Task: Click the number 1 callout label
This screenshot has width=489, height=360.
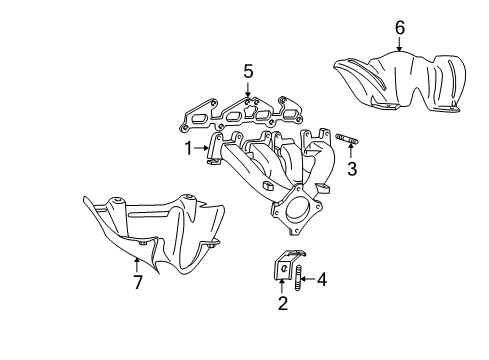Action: (187, 149)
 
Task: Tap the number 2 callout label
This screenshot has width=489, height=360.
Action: (283, 304)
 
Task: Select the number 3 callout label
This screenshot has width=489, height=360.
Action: (352, 170)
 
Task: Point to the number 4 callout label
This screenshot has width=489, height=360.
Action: (322, 280)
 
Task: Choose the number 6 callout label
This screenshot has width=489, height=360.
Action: (399, 28)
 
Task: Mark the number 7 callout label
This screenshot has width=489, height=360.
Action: (138, 283)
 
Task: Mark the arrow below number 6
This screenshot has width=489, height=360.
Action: (399, 45)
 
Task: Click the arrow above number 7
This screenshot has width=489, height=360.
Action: (138, 264)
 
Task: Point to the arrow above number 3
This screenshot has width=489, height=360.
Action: (352, 153)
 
